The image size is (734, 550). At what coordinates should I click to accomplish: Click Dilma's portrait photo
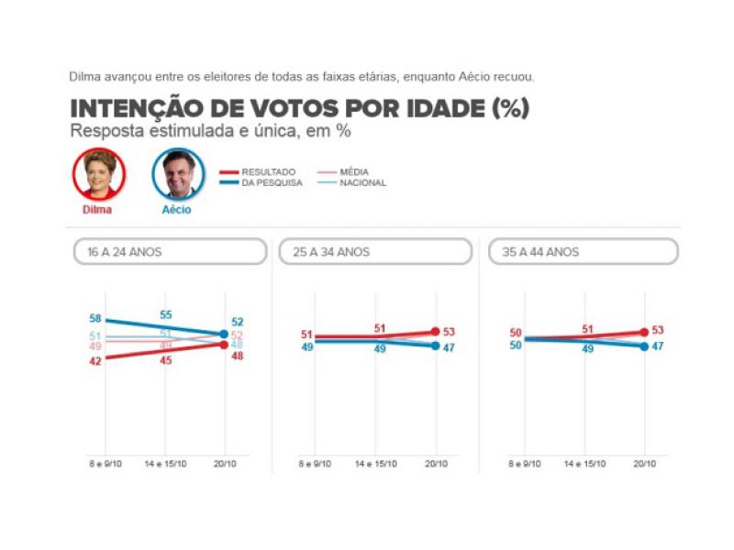click(x=98, y=173)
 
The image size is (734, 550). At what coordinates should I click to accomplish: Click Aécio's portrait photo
click(x=178, y=173)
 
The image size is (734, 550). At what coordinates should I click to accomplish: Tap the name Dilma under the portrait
click(x=97, y=209)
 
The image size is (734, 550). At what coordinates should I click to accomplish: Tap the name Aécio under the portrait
click(x=178, y=209)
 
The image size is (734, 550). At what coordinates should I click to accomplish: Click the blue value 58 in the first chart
click(x=95, y=318)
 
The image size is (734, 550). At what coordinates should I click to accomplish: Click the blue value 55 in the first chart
click(x=166, y=314)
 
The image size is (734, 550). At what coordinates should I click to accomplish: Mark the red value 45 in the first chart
click(x=166, y=360)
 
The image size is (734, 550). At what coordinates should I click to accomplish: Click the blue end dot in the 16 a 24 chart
click(x=225, y=335)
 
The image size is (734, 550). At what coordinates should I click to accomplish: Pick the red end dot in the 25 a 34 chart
click(x=435, y=332)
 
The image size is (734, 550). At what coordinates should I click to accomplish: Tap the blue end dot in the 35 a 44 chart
click(x=645, y=346)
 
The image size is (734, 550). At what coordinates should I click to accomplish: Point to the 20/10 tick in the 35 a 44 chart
click(x=645, y=464)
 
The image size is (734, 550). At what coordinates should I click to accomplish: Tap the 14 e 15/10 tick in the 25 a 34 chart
click(x=376, y=464)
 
